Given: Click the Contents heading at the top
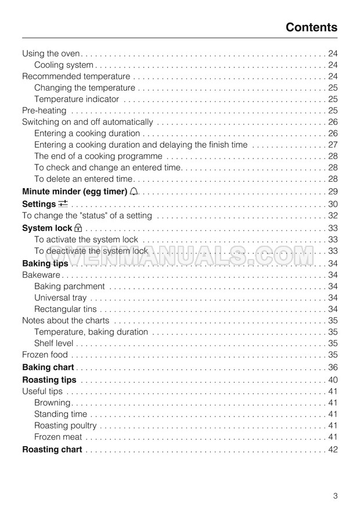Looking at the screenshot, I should pos(311,27).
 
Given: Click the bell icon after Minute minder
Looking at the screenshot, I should pos(135,192).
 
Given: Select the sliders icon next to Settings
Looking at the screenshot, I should pos(63,203).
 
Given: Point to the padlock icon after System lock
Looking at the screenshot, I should pos(78,228).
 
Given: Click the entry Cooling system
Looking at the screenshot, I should pos(64,65).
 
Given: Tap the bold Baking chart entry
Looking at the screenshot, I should pos(48,368).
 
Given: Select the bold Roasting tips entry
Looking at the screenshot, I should pos(49,380).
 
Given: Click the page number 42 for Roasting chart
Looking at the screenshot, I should pos(333,450).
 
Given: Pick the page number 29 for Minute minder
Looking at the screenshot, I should pos(333,192).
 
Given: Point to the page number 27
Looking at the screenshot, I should pos(333,145).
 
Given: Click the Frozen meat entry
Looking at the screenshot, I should pos(58,437).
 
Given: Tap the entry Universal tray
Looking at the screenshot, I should pos(60,298).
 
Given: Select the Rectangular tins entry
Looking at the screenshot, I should pos(66,310).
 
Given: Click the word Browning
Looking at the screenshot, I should pos(52,403).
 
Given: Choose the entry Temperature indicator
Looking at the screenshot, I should pos(77,99).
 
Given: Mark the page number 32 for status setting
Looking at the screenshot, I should pos(333,216).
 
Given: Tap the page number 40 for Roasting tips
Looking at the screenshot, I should pos(333,380).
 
